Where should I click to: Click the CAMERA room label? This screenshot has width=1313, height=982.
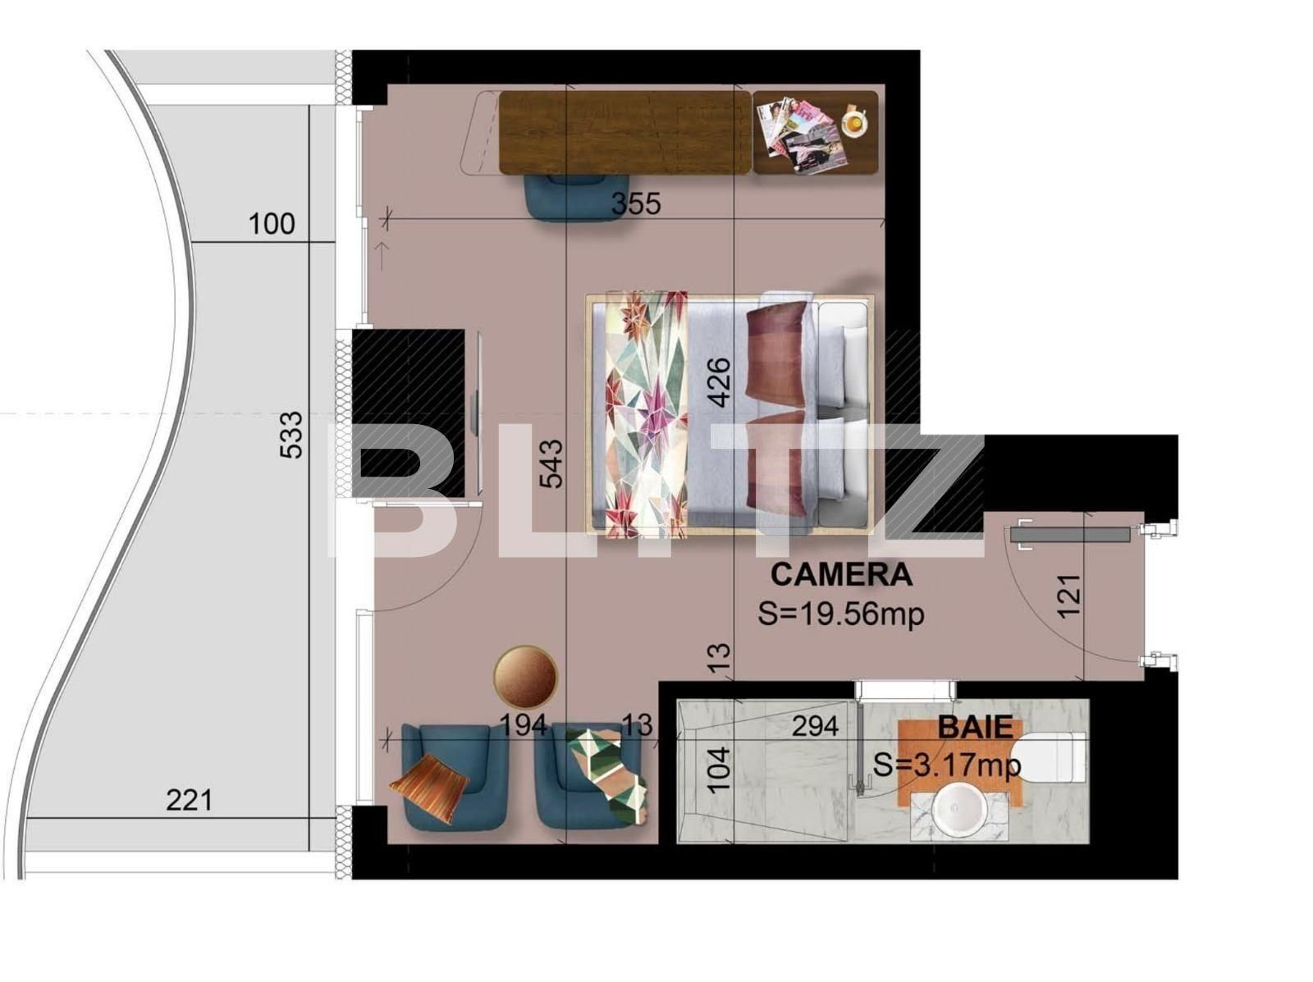(841, 574)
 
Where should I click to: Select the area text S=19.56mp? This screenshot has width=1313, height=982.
(841, 614)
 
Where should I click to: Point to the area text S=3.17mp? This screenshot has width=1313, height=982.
(947, 765)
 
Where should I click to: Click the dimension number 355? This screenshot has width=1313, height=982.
(636, 203)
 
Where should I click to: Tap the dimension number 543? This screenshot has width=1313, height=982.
(551, 464)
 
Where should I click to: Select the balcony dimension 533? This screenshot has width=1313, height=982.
(291, 435)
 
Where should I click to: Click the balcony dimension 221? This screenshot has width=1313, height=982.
(189, 799)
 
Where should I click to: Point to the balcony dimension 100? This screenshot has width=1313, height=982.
(271, 223)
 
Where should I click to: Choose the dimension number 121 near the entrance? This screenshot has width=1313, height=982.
(1070, 596)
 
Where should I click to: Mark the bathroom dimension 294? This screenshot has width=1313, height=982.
(815, 726)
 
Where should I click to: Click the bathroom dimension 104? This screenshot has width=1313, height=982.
(718, 770)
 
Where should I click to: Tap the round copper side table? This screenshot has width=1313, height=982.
(525, 677)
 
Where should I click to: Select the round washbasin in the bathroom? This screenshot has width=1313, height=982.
(960, 809)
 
